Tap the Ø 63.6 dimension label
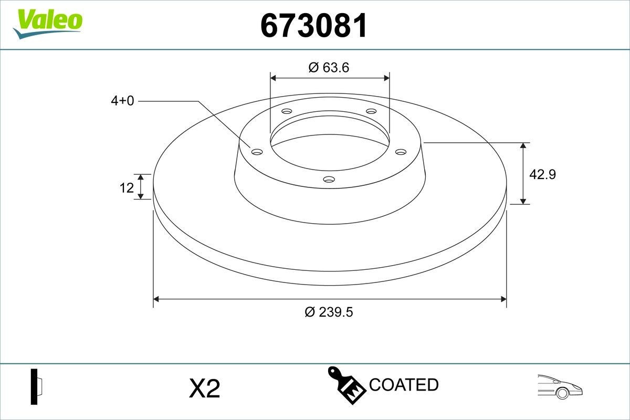(329, 67)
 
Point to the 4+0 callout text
(122, 101)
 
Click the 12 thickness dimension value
(127, 187)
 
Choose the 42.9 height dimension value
(542, 174)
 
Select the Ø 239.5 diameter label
(329, 312)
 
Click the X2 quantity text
(204, 389)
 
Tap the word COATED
(403, 385)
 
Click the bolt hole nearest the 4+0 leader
(257, 152)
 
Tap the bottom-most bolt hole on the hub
(329, 180)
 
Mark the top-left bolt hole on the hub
(287, 111)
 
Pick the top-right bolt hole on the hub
(371, 111)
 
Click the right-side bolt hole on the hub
(401, 152)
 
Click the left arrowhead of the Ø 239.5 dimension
(156, 299)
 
